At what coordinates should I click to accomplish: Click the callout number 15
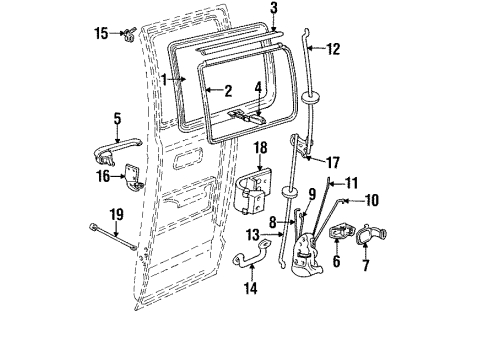coord(102,34)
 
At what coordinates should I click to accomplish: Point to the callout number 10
coord(372,200)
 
